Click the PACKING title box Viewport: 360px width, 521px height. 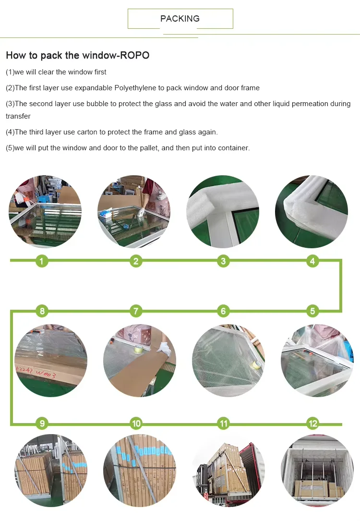coord(180,19)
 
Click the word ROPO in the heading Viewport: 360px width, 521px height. coord(136,55)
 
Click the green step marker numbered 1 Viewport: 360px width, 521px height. coord(42,261)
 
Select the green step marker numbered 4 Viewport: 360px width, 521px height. coord(312,261)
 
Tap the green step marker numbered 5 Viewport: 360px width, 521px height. coord(312,311)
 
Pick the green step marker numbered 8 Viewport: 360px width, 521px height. coord(42,311)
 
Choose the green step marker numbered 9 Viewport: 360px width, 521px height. coord(42,424)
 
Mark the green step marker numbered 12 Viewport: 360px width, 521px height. coord(312,424)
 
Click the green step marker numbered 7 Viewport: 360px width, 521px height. coord(136,311)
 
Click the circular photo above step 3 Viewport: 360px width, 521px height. coord(223,212)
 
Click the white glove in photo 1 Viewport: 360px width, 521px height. coord(20,198)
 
